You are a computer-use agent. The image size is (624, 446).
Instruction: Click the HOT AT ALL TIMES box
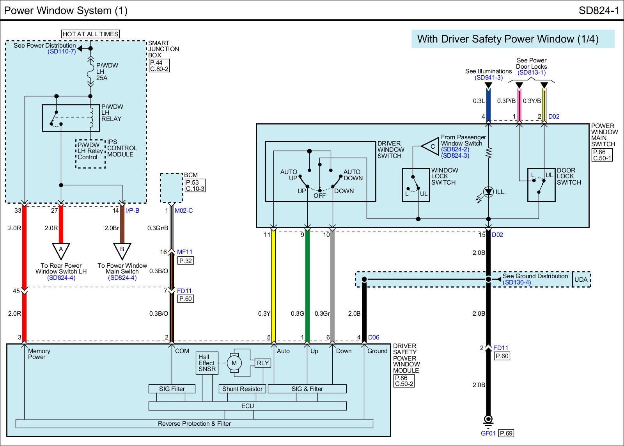pos(90,34)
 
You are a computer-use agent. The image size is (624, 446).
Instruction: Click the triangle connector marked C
pos(431,147)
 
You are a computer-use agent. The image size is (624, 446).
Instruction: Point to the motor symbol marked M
pos(234,363)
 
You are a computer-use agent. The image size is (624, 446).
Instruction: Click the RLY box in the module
pos(263,363)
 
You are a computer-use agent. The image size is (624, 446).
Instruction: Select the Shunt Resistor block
pos(242,389)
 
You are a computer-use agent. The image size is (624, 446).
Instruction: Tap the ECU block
pos(247,406)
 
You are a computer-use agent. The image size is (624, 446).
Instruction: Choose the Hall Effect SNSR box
pos(206,363)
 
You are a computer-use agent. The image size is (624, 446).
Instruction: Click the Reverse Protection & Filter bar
pos(194,423)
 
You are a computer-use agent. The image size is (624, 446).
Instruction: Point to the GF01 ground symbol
pos(488,421)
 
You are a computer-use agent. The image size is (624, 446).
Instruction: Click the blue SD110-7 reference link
pos(62,52)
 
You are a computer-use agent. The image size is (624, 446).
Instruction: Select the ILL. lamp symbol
pos(488,192)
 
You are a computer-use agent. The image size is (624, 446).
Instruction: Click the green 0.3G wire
pos(307,285)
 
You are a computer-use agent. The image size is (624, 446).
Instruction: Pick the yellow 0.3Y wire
pos(274,285)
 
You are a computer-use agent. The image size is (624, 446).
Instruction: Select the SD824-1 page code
pos(599,11)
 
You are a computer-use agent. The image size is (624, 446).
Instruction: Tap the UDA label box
pos(581,279)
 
